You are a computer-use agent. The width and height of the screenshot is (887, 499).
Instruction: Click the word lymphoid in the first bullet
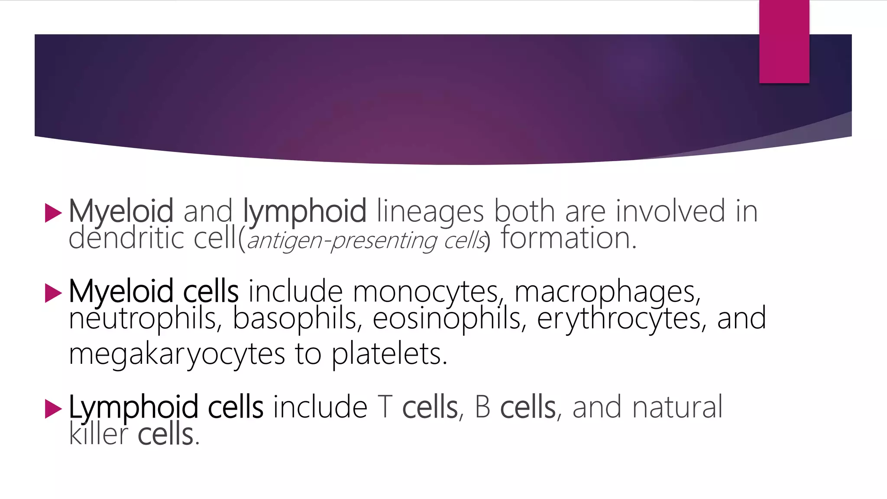click(304, 211)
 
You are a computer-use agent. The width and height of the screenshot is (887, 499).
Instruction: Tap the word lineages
click(430, 211)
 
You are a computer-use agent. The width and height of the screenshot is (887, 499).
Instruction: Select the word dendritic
click(126, 238)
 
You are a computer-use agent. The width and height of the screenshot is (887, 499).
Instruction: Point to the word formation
click(568, 238)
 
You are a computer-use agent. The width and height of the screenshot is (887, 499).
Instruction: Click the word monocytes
click(426, 292)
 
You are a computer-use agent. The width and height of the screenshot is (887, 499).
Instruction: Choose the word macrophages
click(607, 292)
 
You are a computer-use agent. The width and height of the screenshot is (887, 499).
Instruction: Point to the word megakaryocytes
click(177, 354)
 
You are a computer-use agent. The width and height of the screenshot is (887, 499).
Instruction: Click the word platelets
click(389, 354)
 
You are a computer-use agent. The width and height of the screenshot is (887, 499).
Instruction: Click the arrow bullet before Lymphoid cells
click(53, 408)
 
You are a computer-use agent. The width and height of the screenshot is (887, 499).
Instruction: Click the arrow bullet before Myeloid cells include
click(53, 293)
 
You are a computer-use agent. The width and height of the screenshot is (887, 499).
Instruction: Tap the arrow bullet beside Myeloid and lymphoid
click(53, 213)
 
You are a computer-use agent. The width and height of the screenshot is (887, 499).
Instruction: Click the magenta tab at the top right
click(784, 42)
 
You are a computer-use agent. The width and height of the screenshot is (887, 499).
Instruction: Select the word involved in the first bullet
click(670, 211)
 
